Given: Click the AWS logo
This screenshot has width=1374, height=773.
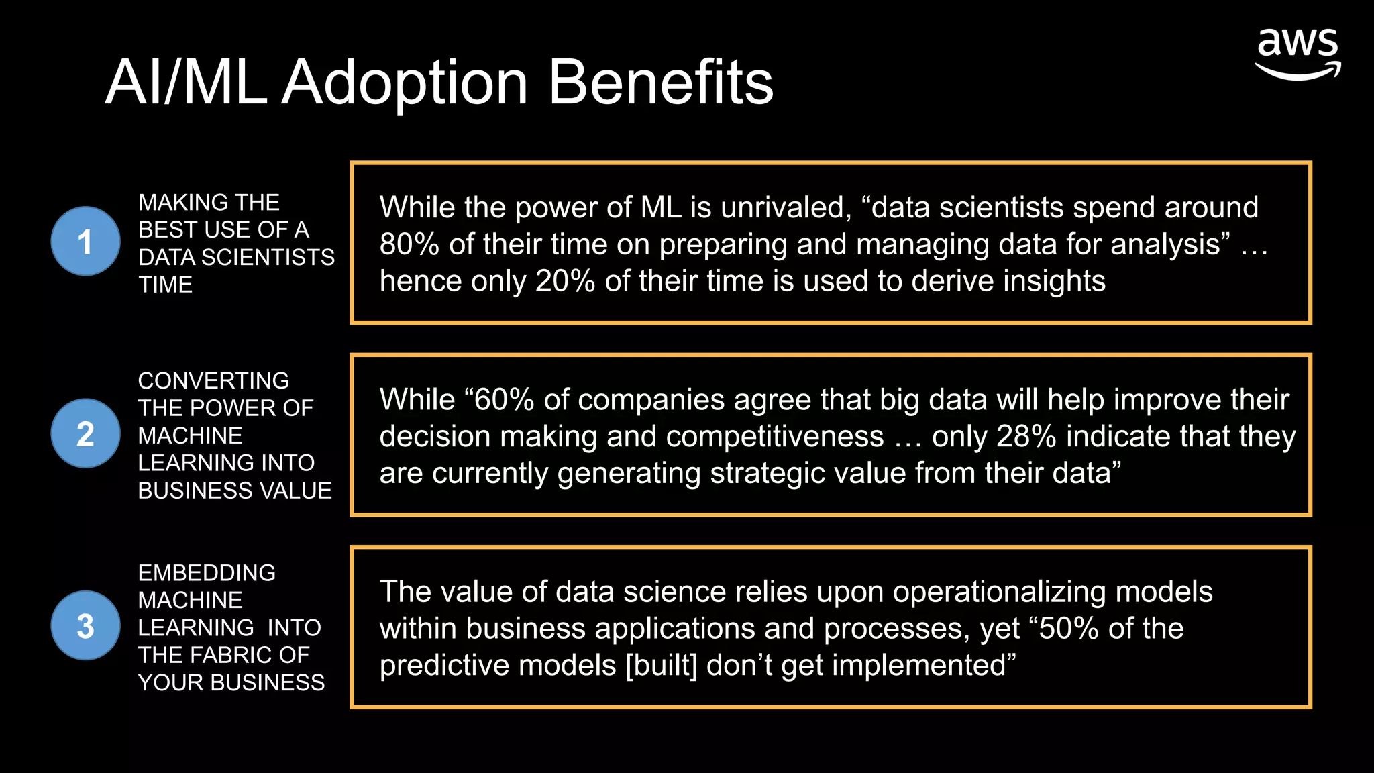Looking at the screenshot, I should (x=1298, y=54).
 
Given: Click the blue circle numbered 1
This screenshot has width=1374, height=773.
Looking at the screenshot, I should (x=85, y=242).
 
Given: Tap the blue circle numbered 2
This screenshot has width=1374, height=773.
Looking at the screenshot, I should (x=85, y=433).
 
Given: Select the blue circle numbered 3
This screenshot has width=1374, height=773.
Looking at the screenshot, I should (x=85, y=625).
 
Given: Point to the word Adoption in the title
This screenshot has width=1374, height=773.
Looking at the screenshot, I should (x=405, y=83).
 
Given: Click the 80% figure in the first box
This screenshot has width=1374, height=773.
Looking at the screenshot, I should (x=409, y=244).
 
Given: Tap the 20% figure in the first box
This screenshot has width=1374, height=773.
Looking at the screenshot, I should (x=565, y=281).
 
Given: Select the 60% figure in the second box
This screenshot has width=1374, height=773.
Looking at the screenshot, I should (x=503, y=400).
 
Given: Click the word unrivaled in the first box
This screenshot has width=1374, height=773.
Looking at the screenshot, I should (x=786, y=207).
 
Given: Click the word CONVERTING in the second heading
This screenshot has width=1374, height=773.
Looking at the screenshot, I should (x=213, y=380).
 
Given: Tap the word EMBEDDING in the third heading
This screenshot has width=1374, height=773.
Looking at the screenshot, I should (x=207, y=572).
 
